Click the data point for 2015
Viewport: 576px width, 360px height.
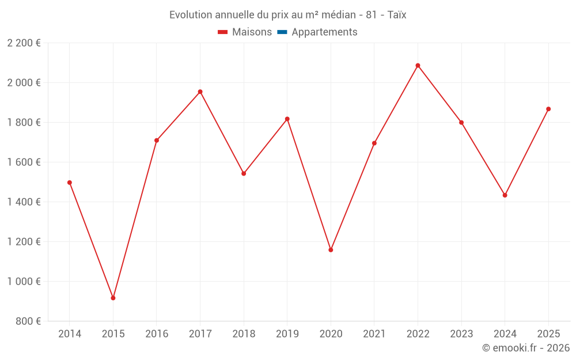113,298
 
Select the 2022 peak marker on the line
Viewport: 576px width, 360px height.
418,66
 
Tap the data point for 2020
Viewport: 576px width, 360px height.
331,250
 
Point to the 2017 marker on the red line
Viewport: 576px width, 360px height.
200,92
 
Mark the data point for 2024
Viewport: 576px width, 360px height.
505,195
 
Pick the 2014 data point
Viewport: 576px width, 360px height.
70,183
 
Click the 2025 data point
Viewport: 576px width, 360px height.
548,109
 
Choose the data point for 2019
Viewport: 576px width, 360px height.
287,119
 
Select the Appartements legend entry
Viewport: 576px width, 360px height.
324,32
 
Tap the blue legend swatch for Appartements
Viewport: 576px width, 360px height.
282,32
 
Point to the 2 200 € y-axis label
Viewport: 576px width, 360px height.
24,43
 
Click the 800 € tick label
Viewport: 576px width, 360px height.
28,321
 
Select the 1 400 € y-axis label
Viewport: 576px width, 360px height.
24,202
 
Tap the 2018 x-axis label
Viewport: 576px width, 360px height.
244,334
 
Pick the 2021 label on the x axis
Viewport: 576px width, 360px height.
374,334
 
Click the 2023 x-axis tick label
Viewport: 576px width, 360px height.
461,334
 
